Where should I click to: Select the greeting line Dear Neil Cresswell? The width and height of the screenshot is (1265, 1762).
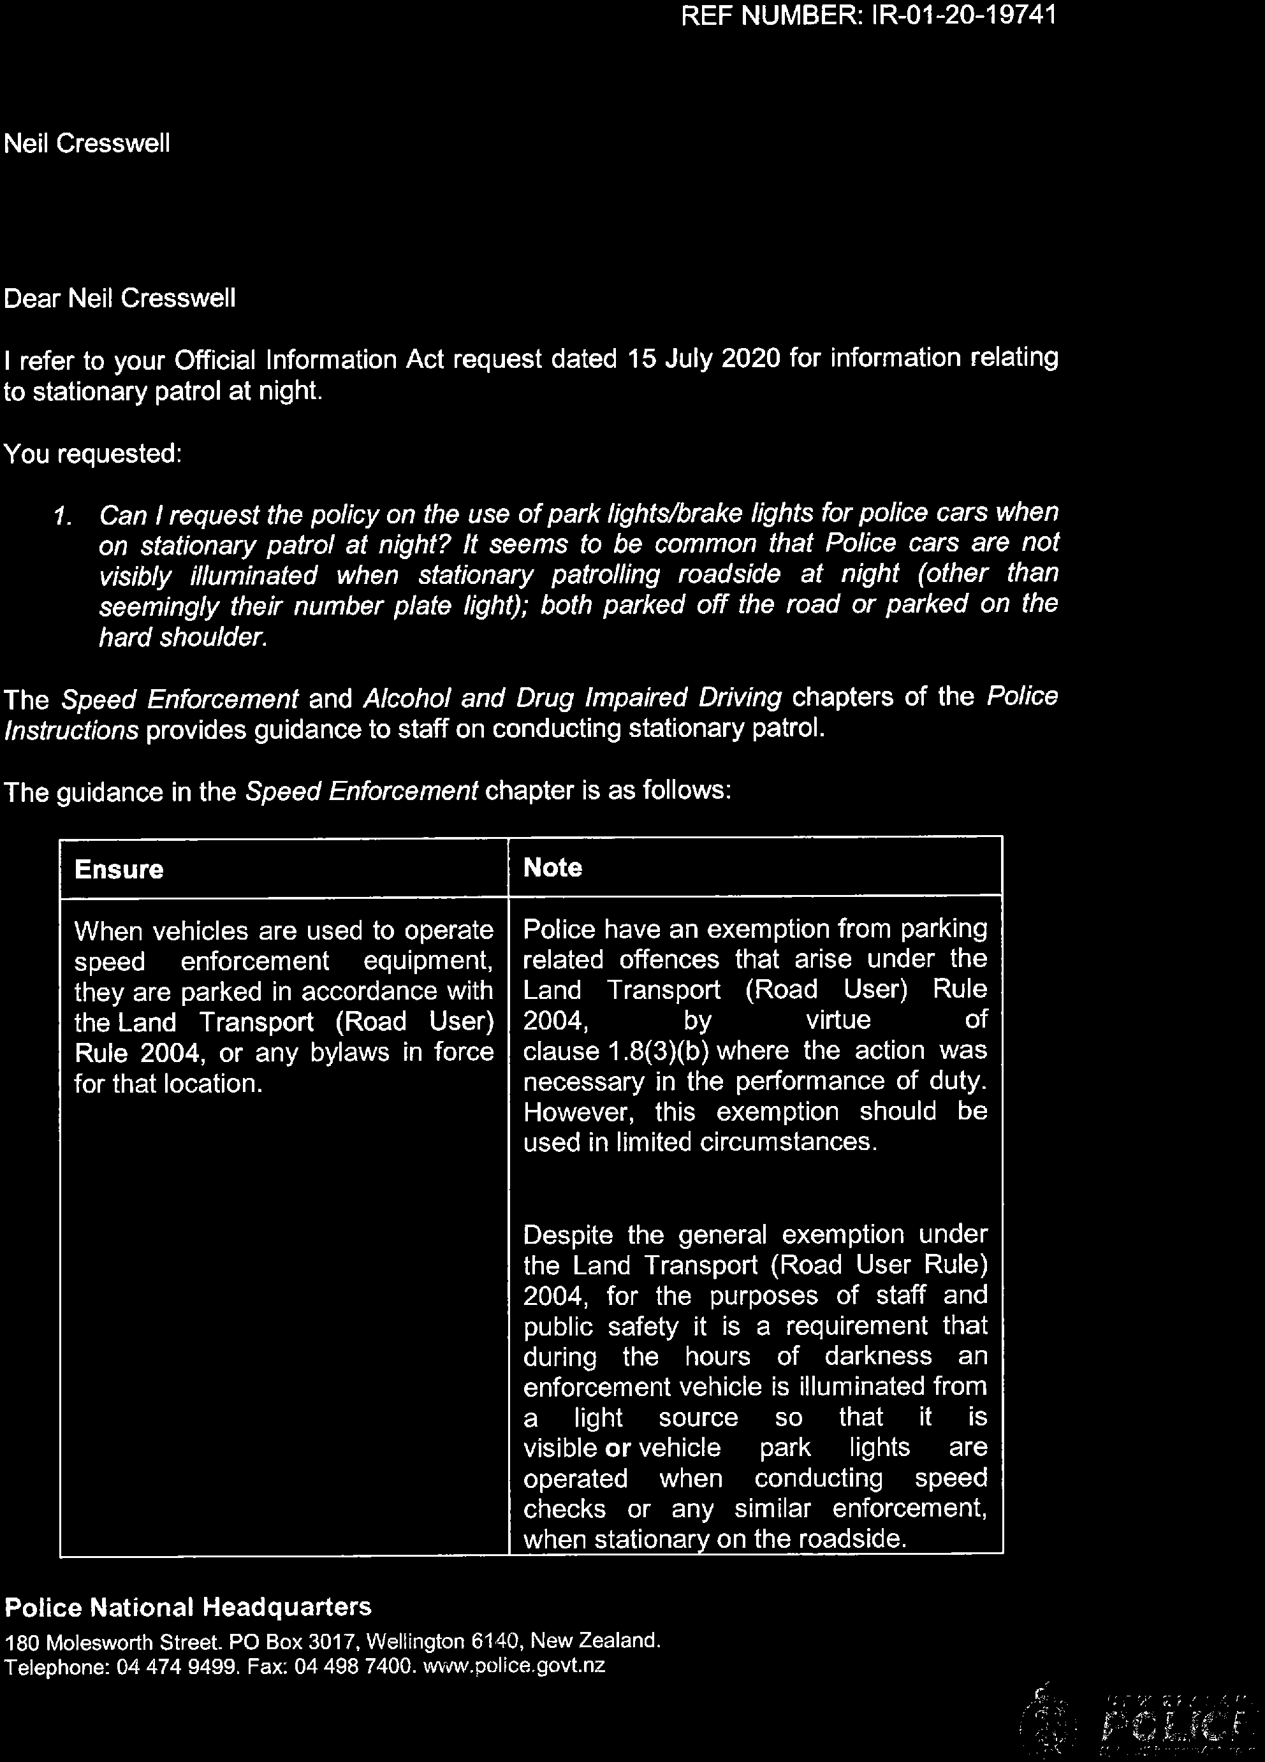pos(120,298)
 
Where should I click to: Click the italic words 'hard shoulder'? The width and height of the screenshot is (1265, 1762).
pos(182,637)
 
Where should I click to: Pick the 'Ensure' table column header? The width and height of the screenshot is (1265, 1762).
pos(119,869)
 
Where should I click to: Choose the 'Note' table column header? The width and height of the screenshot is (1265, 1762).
pos(552,867)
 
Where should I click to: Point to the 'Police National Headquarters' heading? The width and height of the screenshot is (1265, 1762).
pos(188,1606)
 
